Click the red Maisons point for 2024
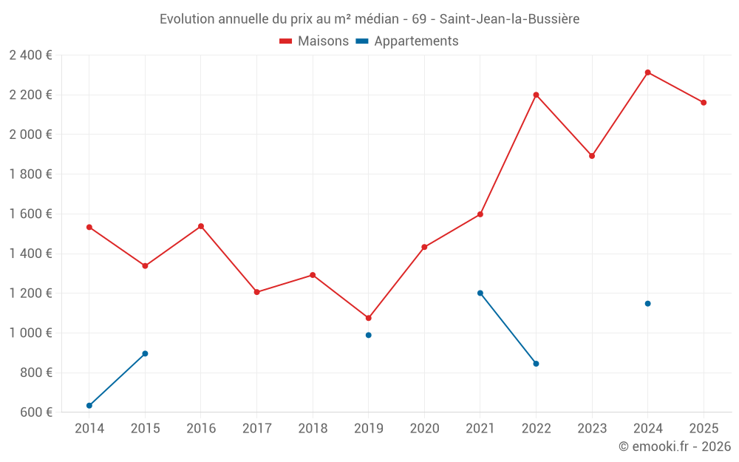point(647,72)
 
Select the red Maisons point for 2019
point(368,318)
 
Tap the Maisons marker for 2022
point(536,95)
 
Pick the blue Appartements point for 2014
point(89,405)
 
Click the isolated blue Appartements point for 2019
point(368,335)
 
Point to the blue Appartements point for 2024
point(647,303)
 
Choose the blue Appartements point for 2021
point(480,293)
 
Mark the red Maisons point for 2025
point(704,103)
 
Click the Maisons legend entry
point(314,41)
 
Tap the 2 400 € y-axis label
point(30,55)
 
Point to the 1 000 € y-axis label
point(30,333)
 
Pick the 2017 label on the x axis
point(256,428)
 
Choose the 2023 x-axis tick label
point(592,428)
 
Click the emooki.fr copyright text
point(674,446)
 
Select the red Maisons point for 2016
point(201,226)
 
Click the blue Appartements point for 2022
point(536,364)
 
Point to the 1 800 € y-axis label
point(30,174)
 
